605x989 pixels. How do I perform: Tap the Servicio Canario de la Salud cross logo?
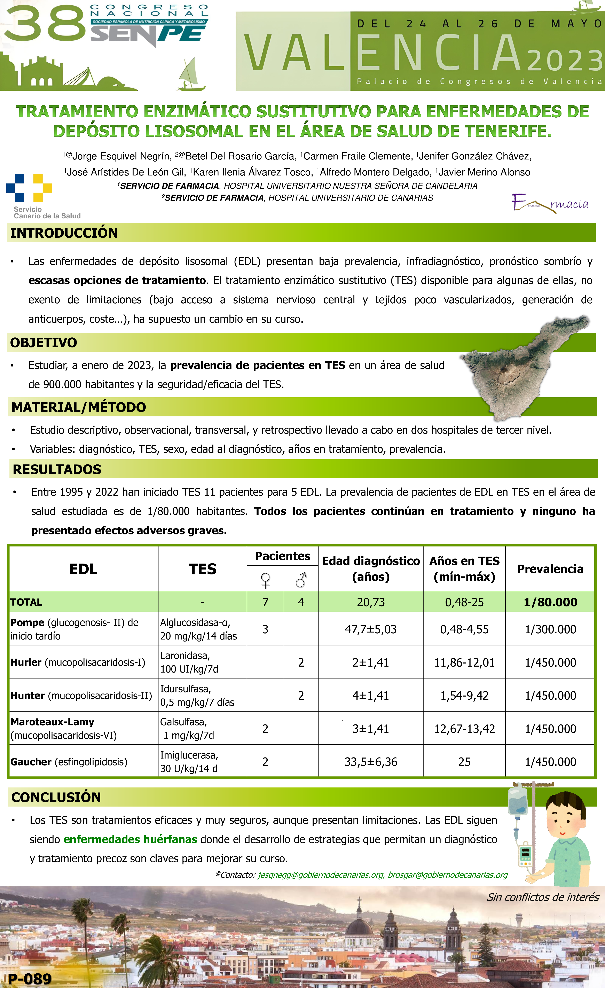29,188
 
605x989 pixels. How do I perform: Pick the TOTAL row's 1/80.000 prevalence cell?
550,602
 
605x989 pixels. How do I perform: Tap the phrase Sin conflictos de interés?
542,897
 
